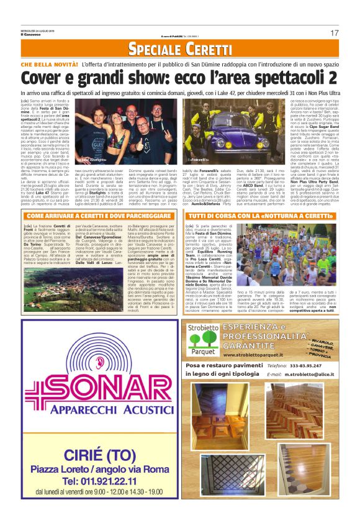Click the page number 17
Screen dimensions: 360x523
tap(334, 32)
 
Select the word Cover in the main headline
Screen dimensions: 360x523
tap(42, 78)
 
